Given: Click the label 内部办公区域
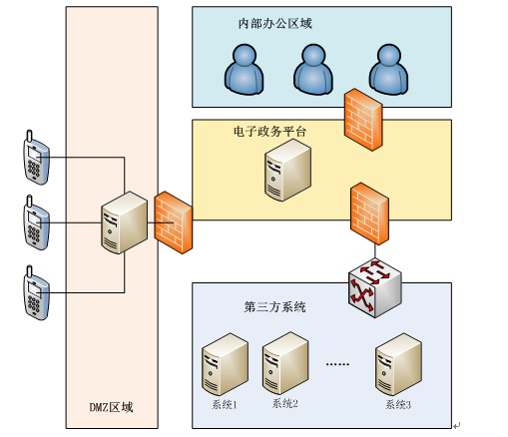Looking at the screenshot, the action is (274, 24).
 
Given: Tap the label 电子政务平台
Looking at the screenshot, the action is (269, 132).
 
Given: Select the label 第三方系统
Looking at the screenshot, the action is (274, 306).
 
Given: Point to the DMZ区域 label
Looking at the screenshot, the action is (111, 407).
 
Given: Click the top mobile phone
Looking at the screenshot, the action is (36, 158).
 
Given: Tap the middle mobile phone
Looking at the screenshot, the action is (36, 222).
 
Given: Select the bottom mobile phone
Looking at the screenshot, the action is (36, 292).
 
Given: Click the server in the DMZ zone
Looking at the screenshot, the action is (124, 222).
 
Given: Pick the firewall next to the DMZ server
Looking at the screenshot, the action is (174, 222).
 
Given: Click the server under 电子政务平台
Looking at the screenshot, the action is (287, 170).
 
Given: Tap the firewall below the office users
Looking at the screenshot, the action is (363, 120).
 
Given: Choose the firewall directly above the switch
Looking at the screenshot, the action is (369, 214).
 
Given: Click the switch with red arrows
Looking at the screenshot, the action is (375, 287).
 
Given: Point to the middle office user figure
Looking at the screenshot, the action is (313, 69).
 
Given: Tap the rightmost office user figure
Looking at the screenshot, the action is (388, 69).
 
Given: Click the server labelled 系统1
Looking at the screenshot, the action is (225, 364).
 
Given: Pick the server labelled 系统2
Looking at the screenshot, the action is (285, 363).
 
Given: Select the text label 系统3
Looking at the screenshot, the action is (398, 404).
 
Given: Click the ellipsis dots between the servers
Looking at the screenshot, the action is (337, 364).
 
